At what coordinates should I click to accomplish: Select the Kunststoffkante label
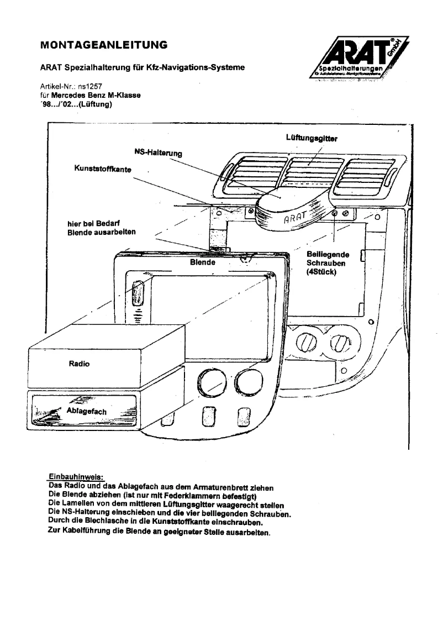pos(102,169)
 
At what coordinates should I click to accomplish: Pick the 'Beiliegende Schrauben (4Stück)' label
pos(326,264)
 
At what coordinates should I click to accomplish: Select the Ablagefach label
pos(86,412)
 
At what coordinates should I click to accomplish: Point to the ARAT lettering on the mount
pos(297,217)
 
